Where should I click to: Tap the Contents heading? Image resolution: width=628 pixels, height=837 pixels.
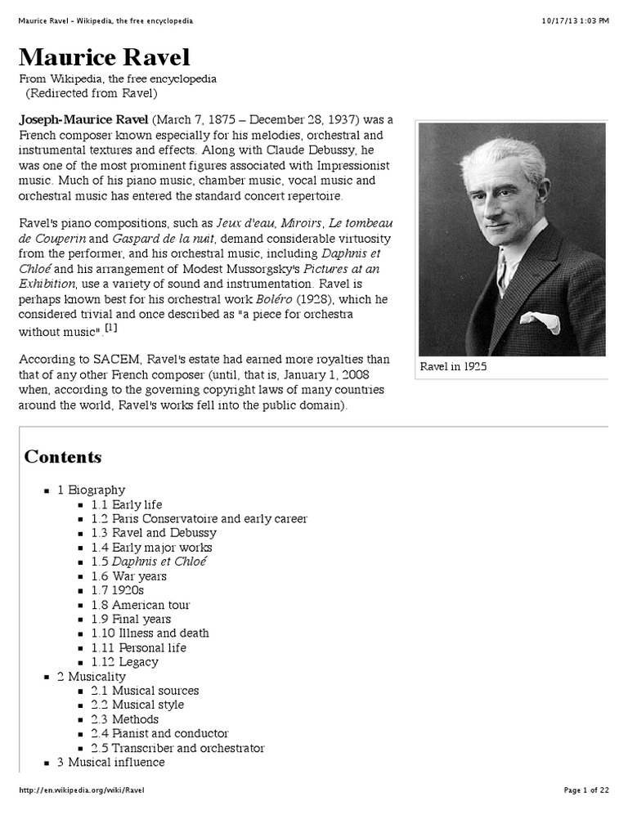(63, 457)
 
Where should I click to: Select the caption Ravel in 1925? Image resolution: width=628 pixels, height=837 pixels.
(453, 367)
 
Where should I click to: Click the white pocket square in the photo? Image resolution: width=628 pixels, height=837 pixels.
(541, 321)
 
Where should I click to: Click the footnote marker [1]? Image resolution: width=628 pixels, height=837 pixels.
(110, 328)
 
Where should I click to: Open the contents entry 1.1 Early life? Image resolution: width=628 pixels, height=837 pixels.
(127, 504)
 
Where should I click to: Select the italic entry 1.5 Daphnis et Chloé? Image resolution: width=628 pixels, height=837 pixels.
(149, 562)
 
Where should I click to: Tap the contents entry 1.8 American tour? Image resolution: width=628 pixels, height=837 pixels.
(141, 605)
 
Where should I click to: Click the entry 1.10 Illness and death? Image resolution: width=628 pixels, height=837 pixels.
(150, 633)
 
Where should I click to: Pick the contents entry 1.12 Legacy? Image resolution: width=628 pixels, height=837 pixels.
(124, 662)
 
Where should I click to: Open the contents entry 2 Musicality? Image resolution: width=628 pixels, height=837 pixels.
(91, 677)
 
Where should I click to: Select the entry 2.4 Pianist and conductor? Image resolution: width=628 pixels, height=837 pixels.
(159, 734)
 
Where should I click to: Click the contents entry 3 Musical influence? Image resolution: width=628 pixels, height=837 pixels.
(110, 763)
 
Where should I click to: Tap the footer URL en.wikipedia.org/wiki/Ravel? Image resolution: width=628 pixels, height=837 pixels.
(82, 790)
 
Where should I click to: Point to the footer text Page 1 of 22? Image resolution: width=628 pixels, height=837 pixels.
(586, 790)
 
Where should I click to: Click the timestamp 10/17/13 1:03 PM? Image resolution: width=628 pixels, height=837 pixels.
(575, 20)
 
